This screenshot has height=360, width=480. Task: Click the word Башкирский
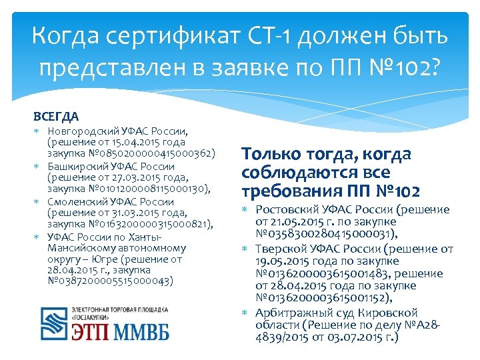[76, 166]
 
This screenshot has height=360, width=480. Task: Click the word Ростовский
[287, 210]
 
